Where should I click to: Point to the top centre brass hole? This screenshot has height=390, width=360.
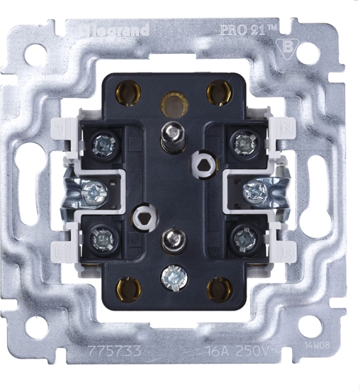171,104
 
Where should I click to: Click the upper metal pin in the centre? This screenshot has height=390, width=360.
170,134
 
